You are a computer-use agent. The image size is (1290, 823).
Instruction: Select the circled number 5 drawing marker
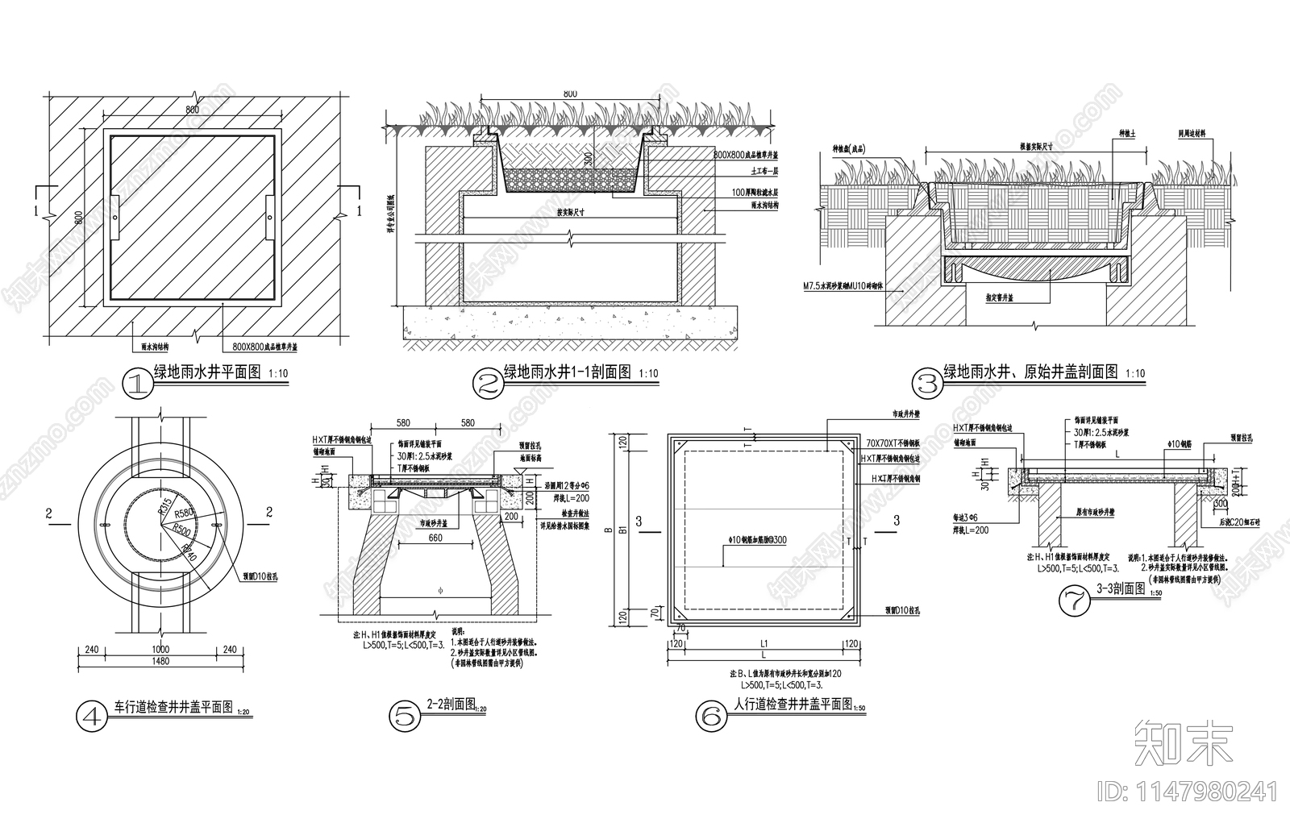[405, 714]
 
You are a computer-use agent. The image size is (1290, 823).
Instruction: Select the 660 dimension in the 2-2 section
[435, 538]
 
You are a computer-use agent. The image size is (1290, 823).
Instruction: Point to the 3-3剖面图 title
[1121, 588]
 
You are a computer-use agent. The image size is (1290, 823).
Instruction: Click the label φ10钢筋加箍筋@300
[758, 540]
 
